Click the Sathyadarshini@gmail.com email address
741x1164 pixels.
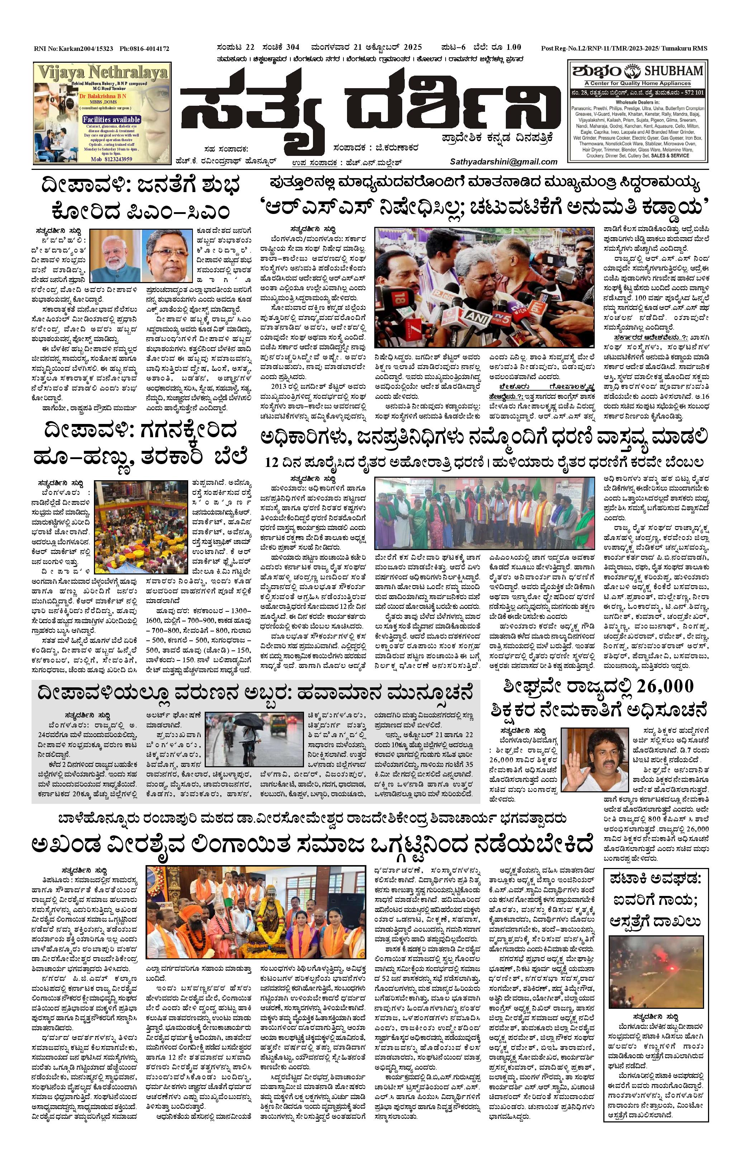point(504,162)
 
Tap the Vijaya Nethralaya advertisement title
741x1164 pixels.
point(103,73)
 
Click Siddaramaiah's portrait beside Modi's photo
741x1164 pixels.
point(169,255)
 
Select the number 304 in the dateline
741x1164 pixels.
point(292,47)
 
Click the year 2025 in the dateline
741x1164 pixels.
point(412,47)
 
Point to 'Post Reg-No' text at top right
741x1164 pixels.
point(559,48)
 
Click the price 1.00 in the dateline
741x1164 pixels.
point(512,47)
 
